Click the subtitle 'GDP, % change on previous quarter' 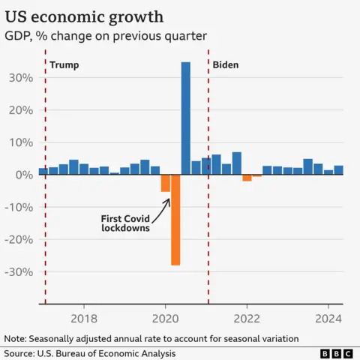(106, 36)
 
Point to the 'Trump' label (64, 65)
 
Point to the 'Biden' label (226, 65)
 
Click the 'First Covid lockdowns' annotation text (125, 223)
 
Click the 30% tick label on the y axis (21, 78)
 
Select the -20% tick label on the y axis (19, 240)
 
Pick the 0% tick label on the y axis (25, 175)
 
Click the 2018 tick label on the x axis (83, 317)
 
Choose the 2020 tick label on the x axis (165, 317)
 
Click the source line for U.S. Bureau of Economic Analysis (89, 352)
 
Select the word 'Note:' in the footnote (16, 338)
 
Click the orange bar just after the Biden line (247, 178)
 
